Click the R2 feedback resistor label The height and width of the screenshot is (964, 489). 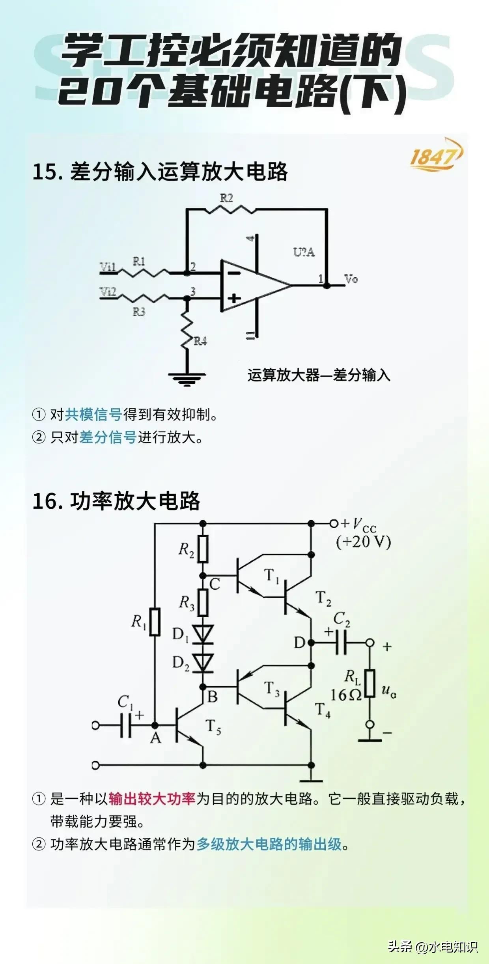(226, 198)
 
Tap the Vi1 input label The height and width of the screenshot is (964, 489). (107, 267)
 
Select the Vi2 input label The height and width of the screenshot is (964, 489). (108, 291)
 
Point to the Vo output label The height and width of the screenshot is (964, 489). (351, 279)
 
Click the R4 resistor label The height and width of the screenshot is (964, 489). (200, 341)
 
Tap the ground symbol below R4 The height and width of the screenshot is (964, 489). (187, 378)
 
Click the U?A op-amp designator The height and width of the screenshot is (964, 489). (304, 252)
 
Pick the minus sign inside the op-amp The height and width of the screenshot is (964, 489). (234, 273)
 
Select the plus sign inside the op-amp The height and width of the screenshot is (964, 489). (234, 298)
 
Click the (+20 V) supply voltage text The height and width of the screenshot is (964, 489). (363, 542)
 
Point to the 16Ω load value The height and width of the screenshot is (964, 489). (345, 695)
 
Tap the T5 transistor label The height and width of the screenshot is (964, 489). (213, 727)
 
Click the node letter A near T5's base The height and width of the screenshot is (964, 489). (155, 738)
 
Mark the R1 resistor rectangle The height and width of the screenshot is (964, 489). (155, 622)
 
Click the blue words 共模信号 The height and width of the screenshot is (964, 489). (93, 415)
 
